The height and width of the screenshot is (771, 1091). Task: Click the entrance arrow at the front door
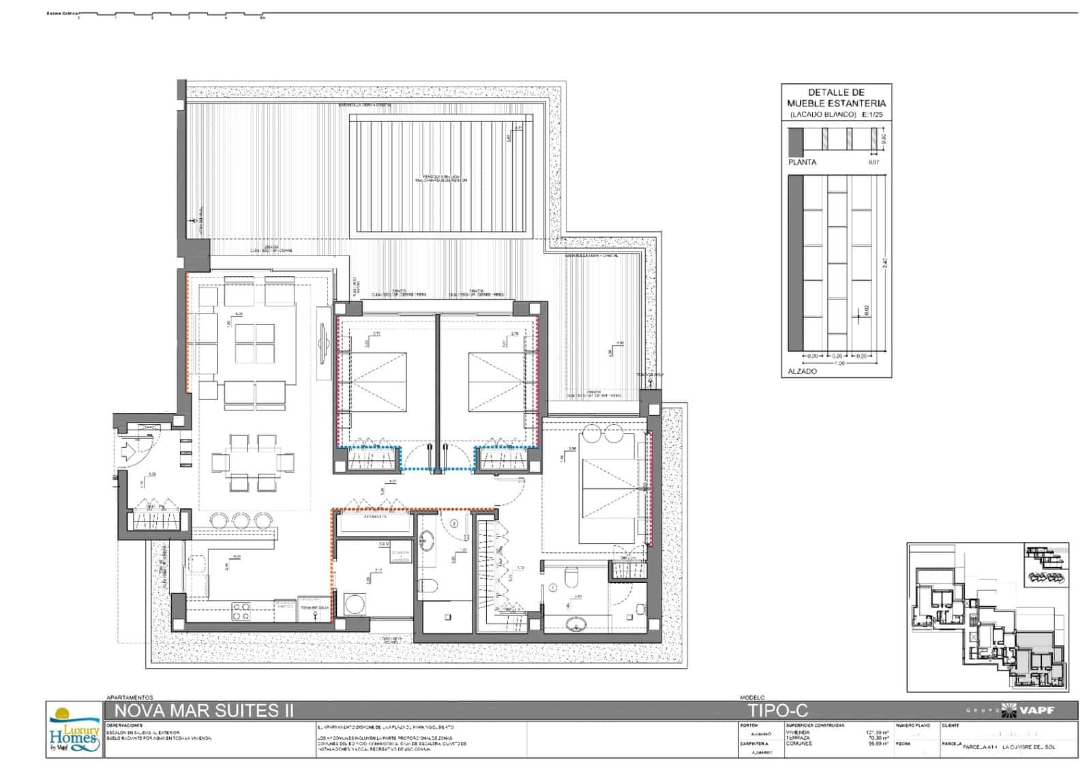pos(128,451)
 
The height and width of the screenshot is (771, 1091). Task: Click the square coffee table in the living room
pos(255,344)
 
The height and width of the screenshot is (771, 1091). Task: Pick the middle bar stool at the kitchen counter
pos(242,520)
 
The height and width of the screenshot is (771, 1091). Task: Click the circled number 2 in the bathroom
pos(455,524)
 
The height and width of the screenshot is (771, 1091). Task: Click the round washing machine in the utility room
pos(355,604)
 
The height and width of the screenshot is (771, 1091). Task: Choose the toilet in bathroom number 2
pos(428,585)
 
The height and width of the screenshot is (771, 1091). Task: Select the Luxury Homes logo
pos(74,729)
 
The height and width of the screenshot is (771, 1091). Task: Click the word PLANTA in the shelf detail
pos(802,162)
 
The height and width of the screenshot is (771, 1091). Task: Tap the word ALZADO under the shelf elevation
pos(802,372)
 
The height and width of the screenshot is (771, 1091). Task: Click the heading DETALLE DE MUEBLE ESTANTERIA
pos(836,97)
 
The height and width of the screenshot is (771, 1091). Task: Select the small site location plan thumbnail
pos(987,617)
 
